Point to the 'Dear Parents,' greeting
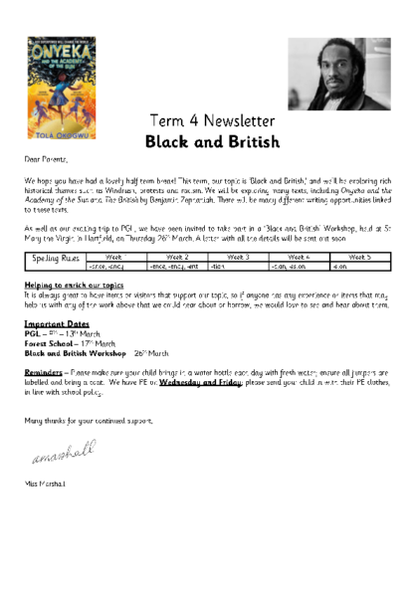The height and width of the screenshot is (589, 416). click(46, 158)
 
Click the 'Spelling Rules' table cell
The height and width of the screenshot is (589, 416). click(54, 261)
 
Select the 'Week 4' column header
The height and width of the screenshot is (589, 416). click(299, 256)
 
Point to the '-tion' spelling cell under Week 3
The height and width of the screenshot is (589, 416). click(219, 266)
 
